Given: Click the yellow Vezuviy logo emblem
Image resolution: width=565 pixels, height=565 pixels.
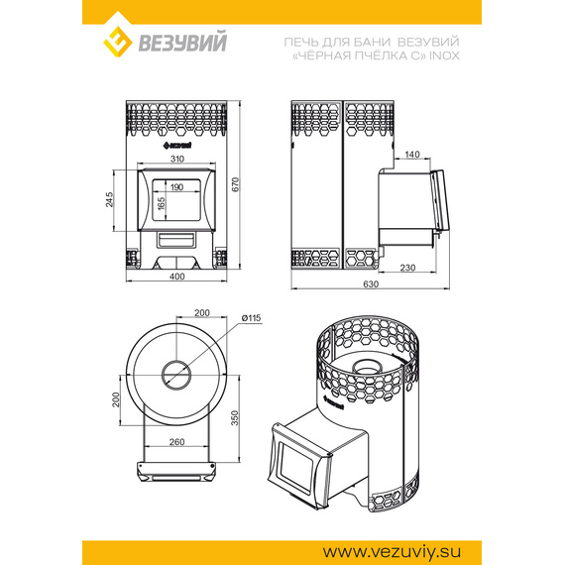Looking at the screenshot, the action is pos(118,42).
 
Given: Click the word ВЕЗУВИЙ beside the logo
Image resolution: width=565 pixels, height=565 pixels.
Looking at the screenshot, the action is pos(182,42).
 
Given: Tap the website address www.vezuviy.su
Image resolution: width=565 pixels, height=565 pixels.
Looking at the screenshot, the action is pos(392,552).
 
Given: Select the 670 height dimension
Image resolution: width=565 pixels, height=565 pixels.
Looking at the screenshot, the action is pos(235,184).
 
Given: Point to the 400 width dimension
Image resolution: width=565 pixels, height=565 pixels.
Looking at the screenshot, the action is pos(176,277).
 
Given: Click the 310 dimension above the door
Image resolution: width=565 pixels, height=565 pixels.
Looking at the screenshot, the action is pos(176,159).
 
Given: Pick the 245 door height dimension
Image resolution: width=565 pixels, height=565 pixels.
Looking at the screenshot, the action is pos(109,199).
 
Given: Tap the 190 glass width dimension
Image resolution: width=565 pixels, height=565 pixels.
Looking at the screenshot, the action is pos(176,187).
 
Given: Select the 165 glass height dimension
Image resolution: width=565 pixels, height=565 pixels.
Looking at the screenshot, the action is pos(161,203).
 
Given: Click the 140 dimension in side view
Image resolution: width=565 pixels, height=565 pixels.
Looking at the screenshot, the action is pos(412,155).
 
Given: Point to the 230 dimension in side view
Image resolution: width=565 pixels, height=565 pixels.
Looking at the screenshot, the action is pos(407,268).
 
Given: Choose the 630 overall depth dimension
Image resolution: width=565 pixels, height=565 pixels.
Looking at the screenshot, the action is pos(371,283).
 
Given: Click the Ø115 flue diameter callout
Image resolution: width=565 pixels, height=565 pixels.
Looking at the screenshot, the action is pos(251,318).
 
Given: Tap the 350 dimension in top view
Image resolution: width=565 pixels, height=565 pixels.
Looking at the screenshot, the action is pos(235,418).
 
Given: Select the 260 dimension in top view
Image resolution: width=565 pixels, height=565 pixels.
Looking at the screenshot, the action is pos(176,442).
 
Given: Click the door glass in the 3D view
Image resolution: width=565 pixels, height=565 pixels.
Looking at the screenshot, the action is pos(296,468).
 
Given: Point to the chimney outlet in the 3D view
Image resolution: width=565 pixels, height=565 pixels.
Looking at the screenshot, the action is pos(367,367).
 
